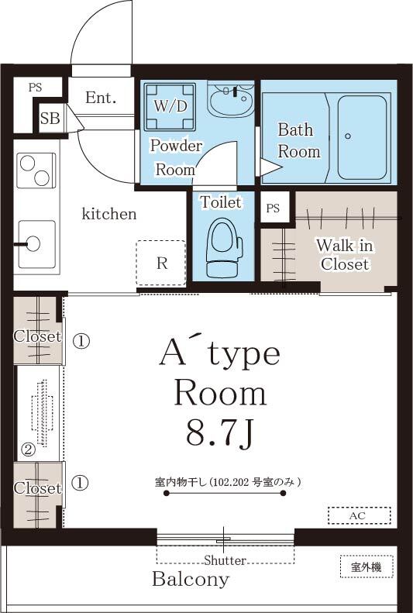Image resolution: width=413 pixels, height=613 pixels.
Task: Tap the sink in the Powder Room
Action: (x=231, y=98)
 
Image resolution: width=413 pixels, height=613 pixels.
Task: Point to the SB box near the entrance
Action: (x=50, y=119)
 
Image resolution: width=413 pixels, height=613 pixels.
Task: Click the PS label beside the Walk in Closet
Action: (x=273, y=208)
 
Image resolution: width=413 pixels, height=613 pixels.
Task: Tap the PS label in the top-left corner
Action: (x=35, y=88)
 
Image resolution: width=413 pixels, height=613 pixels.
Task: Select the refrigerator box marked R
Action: (x=161, y=263)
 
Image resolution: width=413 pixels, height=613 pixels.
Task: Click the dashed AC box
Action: (x=359, y=515)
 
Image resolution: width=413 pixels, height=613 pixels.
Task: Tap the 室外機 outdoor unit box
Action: (x=367, y=567)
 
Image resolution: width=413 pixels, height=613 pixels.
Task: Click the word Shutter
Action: (x=225, y=560)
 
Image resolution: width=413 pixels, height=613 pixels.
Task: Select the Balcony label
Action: (x=191, y=579)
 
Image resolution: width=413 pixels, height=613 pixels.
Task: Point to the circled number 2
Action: (x=27, y=449)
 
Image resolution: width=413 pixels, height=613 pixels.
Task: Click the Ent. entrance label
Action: (x=101, y=98)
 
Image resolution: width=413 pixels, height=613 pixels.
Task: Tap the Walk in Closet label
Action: (x=345, y=255)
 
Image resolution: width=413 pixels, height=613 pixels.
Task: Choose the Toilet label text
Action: (x=221, y=202)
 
